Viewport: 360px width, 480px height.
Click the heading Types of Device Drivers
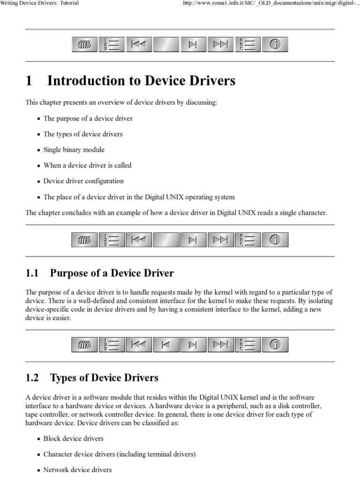[104, 377]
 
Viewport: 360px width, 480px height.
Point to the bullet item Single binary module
[74, 150]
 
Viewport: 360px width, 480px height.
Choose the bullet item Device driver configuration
[83, 181]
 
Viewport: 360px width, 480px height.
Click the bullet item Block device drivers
[74, 439]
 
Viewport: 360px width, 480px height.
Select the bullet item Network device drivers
[78, 470]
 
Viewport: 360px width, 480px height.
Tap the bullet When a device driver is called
[87, 165]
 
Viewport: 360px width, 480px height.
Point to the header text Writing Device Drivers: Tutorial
[39, 3]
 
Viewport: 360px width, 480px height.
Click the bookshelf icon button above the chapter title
[84, 45]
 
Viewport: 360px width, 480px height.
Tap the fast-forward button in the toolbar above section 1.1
[220, 240]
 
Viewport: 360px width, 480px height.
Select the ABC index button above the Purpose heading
[247, 240]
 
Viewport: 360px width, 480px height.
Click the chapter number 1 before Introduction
[29, 81]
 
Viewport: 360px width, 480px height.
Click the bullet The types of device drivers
[83, 134]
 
